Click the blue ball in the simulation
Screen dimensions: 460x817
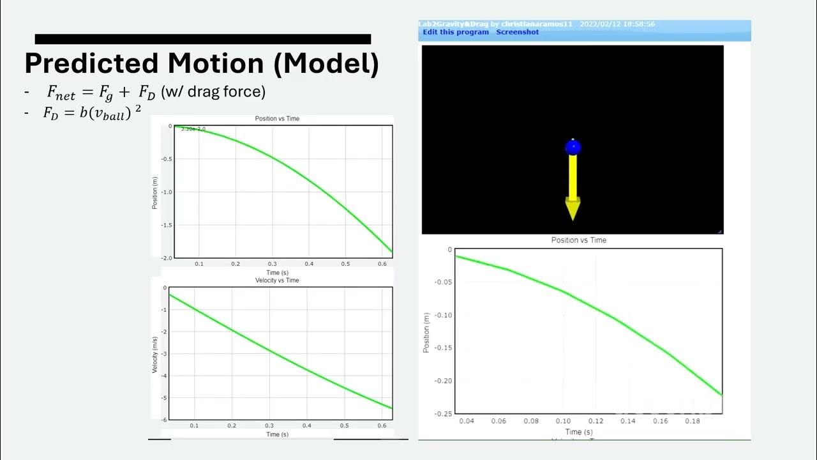point(573,148)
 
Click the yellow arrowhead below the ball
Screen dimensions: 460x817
point(573,208)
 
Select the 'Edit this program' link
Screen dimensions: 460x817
point(456,32)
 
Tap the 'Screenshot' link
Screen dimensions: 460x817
point(518,32)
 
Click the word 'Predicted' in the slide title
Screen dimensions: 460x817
point(91,64)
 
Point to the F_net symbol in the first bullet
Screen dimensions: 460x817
point(61,93)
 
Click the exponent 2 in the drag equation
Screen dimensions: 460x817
point(137,109)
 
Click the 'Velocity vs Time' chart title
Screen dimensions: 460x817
point(277,280)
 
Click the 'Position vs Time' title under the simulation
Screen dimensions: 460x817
point(578,240)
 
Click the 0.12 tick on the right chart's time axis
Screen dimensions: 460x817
point(596,421)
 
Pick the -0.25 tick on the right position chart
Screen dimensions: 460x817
point(442,413)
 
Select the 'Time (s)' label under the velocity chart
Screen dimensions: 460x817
point(277,434)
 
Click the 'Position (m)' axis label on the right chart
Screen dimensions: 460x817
point(426,332)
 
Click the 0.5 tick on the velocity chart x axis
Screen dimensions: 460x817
point(345,425)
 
